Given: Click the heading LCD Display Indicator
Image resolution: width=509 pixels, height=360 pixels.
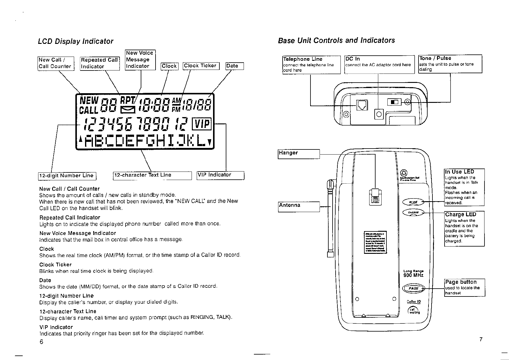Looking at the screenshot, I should (x=75, y=41).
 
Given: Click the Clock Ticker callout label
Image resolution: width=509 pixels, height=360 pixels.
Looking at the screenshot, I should (x=201, y=66).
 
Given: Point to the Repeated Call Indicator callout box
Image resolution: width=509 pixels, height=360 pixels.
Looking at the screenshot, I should (x=100, y=63).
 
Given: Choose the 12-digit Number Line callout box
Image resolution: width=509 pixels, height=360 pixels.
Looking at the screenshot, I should (x=67, y=175).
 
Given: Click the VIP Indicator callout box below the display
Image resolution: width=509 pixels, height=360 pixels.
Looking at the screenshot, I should (x=220, y=175).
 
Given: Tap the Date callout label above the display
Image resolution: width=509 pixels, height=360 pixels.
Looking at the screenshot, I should (x=234, y=66).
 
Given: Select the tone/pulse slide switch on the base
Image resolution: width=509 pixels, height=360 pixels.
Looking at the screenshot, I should (x=394, y=102).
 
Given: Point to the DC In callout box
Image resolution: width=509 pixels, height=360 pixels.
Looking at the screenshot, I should (x=379, y=64).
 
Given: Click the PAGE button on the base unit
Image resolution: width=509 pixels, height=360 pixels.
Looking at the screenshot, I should (x=413, y=288).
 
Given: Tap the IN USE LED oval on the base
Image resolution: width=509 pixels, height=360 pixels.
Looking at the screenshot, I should (x=413, y=202).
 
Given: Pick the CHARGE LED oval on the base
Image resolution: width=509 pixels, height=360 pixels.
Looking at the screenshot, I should (x=413, y=213).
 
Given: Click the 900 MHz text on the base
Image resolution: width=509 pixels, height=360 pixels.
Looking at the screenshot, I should (x=413, y=275).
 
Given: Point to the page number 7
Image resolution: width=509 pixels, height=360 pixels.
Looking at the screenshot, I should (x=481, y=339).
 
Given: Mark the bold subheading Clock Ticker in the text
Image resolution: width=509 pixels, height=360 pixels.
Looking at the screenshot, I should (x=55, y=264).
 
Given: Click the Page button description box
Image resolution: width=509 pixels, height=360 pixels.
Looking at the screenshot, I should (x=464, y=287).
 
